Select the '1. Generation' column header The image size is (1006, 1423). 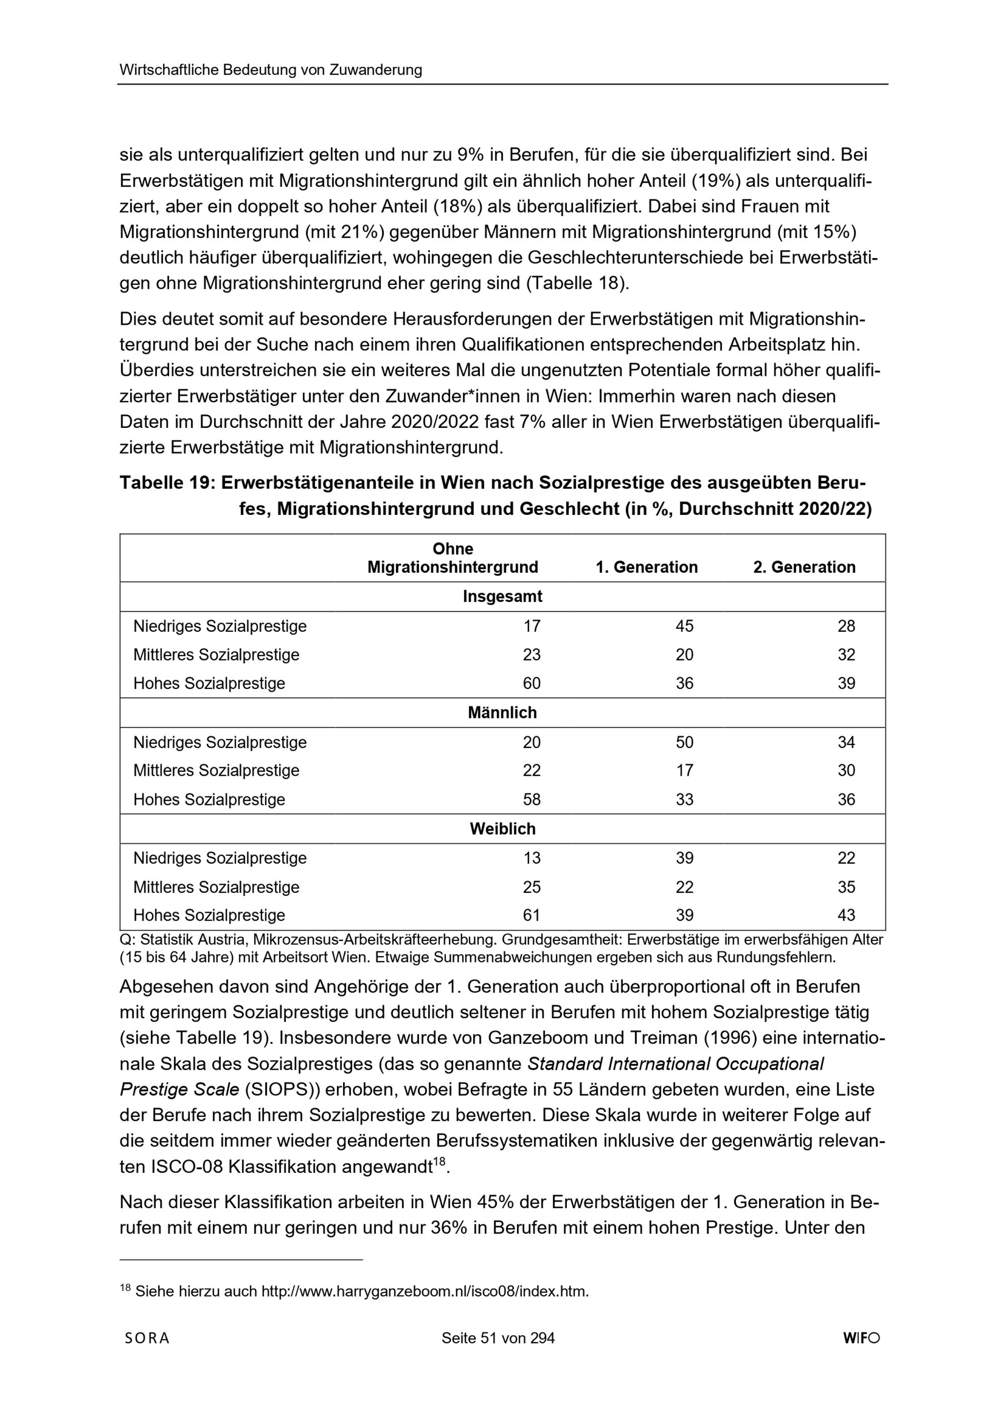[647, 567]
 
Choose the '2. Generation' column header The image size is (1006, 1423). [804, 567]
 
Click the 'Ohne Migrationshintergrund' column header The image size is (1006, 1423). [453, 558]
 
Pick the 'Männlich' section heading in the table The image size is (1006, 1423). [502, 713]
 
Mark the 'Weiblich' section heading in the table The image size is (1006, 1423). [502, 829]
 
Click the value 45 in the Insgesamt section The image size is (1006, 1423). [685, 626]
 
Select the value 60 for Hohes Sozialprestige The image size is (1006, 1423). [532, 684]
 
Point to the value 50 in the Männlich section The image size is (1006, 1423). [685, 742]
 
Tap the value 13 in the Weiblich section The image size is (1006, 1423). [532, 858]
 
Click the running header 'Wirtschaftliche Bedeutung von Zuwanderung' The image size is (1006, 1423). [271, 70]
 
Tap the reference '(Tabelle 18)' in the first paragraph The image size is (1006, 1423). [576, 283]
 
